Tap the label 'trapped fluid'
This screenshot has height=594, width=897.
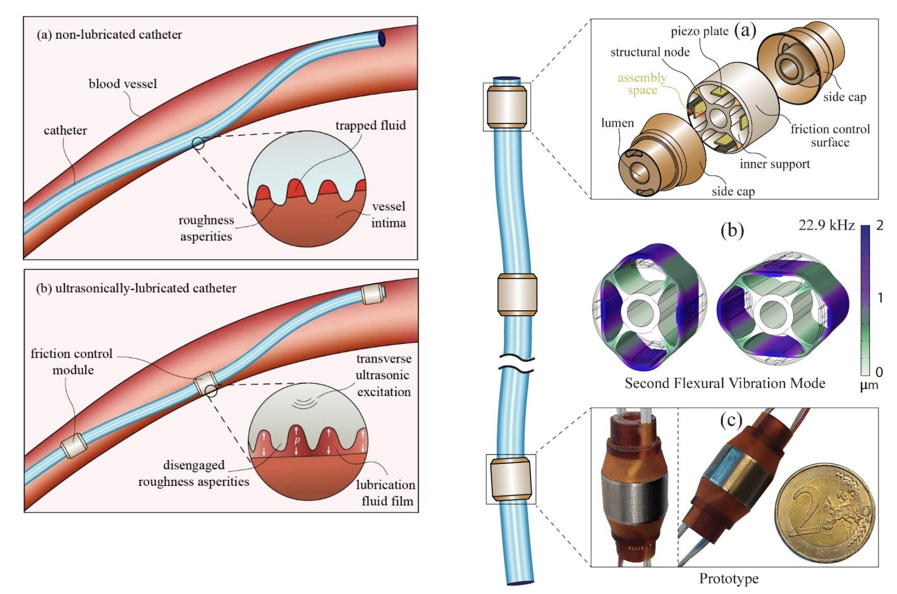tap(370, 126)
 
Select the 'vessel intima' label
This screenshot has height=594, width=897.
tap(388, 215)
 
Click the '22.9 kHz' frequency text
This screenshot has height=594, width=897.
tap(826, 225)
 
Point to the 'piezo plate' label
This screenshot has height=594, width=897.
tap(699, 32)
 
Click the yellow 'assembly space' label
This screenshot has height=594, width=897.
tap(642, 84)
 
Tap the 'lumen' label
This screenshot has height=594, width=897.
tap(617, 123)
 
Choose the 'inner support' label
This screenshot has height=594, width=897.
tap(775, 164)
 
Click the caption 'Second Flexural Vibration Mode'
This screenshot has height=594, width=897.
tap(725, 383)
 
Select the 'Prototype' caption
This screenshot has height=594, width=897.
tap(729, 579)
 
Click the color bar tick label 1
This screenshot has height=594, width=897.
tap(880, 298)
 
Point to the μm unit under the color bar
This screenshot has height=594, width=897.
tap(869, 385)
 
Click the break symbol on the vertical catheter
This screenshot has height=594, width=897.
tap(516, 363)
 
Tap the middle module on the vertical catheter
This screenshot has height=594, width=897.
tap(517, 294)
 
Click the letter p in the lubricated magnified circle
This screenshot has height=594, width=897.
tap(297, 440)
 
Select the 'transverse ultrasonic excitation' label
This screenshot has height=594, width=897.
tap(383, 375)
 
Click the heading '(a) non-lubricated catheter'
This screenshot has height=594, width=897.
tap(109, 35)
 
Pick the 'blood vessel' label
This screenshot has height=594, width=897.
tap(122, 84)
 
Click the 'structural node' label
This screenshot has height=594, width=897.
tap(650, 52)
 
